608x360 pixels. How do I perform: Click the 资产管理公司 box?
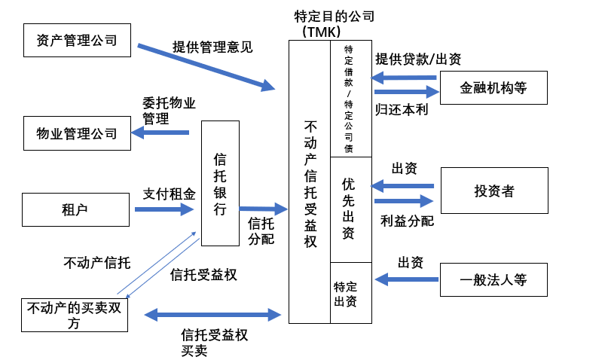[77, 40]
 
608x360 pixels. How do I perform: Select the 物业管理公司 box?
[77, 133]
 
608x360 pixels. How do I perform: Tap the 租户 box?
[77, 209]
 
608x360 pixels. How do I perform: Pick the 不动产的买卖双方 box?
[75, 314]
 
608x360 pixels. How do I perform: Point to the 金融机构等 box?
[493, 89]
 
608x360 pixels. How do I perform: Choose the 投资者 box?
[493, 191]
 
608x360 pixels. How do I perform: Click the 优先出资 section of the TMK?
[350, 209]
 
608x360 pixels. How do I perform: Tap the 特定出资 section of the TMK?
[350, 293]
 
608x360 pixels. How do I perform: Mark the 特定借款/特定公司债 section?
[350, 99]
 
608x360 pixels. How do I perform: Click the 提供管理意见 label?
[212, 47]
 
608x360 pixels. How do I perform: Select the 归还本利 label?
[398, 108]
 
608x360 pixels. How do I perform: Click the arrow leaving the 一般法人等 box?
[406, 280]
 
